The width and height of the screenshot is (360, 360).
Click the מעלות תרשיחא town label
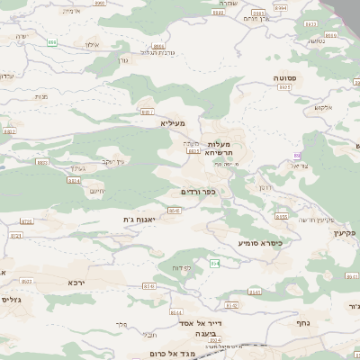[x=220, y=148]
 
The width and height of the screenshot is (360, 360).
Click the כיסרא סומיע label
[x=260, y=243]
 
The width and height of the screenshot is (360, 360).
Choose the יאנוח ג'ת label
[x=139, y=219]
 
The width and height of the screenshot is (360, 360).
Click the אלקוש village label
[x=325, y=107]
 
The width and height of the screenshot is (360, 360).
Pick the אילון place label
[x=91, y=45]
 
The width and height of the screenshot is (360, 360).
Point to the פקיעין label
[x=346, y=231]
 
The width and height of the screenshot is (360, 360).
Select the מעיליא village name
[x=172, y=122]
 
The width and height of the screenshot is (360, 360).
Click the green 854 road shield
[x=214, y=262]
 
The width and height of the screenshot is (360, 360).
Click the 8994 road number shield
[x=280, y=7]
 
